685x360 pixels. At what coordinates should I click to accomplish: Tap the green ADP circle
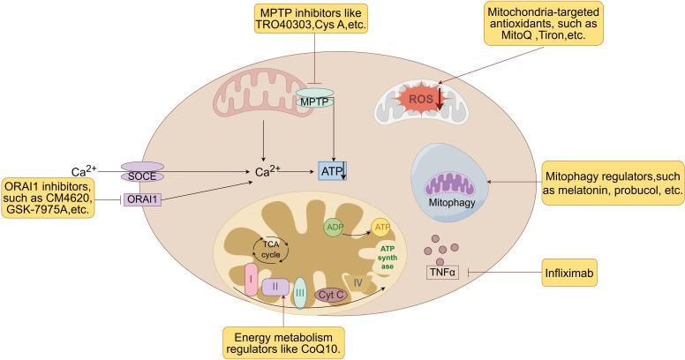(335, 227)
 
